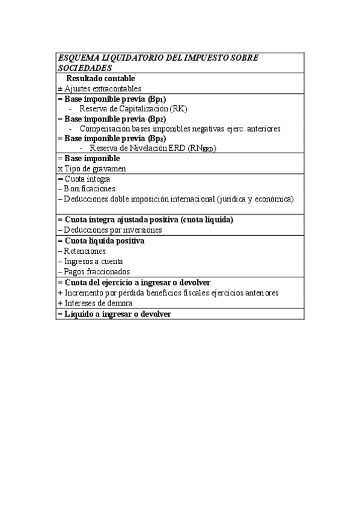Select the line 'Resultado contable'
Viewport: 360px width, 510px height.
(100, 78)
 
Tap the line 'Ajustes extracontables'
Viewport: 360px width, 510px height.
(103, 88)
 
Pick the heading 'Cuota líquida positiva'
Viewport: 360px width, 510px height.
(105, 241)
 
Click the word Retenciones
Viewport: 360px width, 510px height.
(85, 251)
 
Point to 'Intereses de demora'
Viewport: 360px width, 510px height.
(99, 303)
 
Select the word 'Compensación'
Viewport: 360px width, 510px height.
(104, 129)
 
